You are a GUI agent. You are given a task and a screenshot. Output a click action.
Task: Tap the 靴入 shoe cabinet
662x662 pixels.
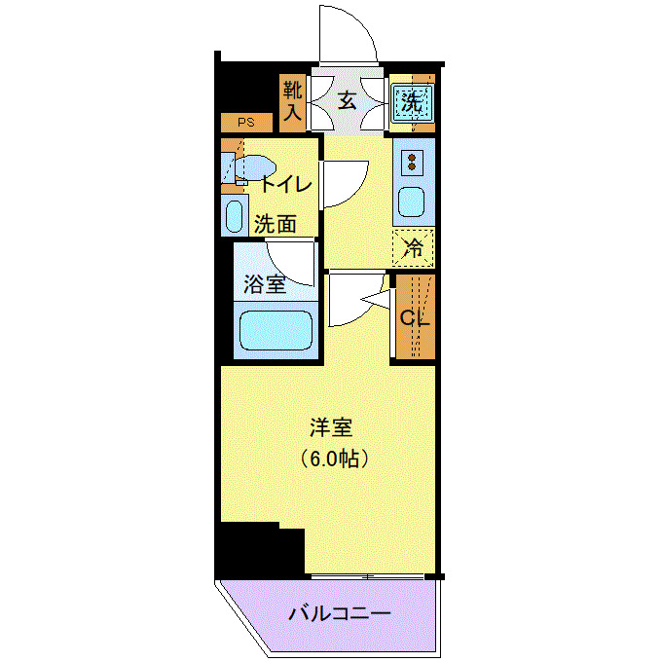292,102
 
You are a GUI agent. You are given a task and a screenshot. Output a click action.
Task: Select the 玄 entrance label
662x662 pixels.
347,99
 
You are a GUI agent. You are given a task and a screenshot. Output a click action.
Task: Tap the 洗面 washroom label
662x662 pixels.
275,223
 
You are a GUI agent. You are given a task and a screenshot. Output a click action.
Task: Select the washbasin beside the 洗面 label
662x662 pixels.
235,215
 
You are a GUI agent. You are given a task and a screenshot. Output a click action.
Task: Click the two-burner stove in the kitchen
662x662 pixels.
413,161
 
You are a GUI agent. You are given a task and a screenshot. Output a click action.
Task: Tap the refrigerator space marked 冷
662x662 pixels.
414,246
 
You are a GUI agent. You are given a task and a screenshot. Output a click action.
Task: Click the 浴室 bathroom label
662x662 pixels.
264,285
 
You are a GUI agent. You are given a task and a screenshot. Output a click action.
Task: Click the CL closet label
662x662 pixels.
415,316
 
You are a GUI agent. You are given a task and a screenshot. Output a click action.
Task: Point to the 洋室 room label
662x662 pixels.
331,427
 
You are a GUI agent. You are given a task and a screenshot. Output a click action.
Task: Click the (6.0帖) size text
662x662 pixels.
331,458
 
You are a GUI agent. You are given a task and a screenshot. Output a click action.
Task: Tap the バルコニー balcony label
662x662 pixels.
340,615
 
